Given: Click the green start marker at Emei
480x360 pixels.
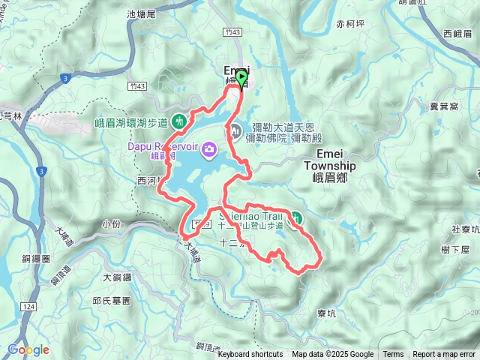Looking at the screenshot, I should (x=241, y=77).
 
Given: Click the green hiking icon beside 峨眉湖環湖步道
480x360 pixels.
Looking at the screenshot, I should (x=179, y=120).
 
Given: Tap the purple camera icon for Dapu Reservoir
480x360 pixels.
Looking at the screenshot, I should (x=208, y=148).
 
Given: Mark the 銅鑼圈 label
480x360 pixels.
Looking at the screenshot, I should (x=35, y=258).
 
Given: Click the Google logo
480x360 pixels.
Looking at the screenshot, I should (x=28, y=349).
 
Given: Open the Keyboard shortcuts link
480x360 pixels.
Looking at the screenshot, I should (x=250, y=355).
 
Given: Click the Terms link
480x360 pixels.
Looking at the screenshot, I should (x=393, y=355).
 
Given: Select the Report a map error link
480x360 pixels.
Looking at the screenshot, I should (x=444, y=355).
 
